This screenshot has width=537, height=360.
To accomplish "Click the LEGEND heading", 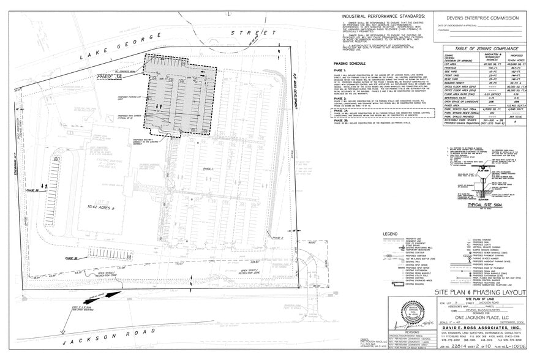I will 390,233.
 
